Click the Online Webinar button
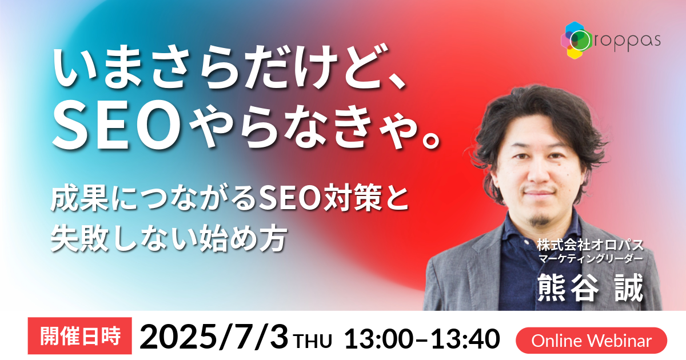click(x=591, y=341)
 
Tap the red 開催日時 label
click(x=80, y=336)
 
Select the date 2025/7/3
click(x=214, y=338)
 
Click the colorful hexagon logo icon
click(x=576, y=40)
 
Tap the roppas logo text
click(x=627, y=41)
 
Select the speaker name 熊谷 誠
click(x=590, y=288)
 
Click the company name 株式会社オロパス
click(x=590, y=246)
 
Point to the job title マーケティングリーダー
click(x=590, y=259)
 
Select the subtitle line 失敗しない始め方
click(x=169, y=239)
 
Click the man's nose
click(x=539, y=174)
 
